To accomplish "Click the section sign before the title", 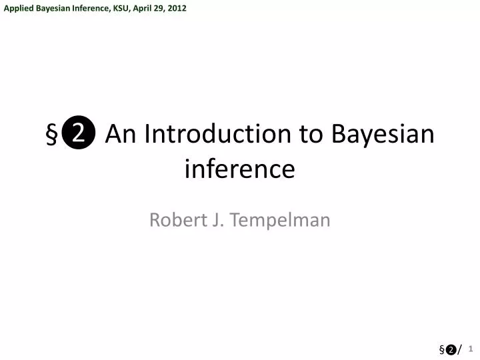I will [51, 135].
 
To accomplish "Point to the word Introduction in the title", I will [217, 135].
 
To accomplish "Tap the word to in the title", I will [310, 135].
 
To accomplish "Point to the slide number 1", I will [470, 347].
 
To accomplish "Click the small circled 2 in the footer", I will [451, 349].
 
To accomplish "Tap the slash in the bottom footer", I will [459, 349].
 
